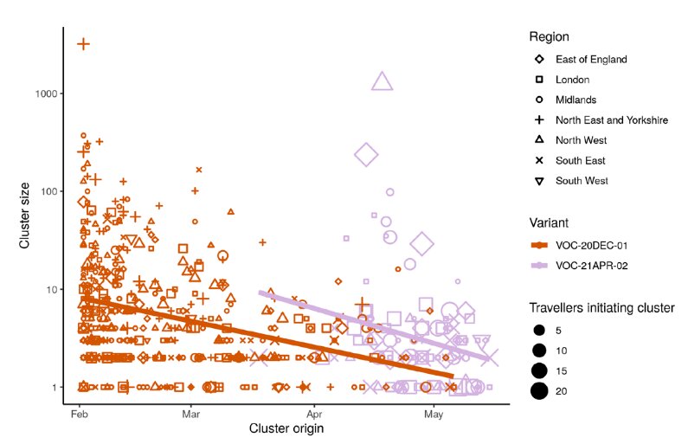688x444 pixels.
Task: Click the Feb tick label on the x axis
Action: [x=80, y=415]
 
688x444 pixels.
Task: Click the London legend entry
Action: [x=572, y=80]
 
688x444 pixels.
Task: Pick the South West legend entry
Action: [x=582, y=181]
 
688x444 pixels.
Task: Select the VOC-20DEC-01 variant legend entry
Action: [x=596, y=246]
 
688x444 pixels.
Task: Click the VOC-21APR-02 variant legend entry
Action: [x=596, y=266]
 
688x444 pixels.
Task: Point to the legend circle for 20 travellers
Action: [x=539, y=391]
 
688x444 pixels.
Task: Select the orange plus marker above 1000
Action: [x=83, y=43]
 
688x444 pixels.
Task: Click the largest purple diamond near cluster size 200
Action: [x=366, y=155]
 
